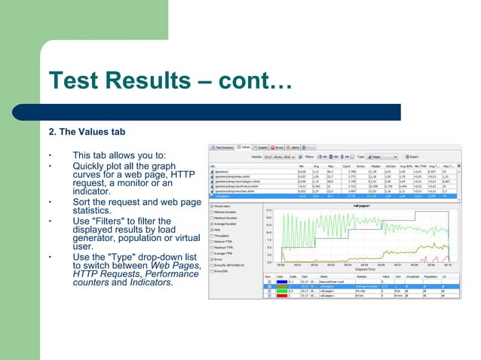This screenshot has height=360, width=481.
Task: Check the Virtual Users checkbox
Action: coord(212,206)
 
